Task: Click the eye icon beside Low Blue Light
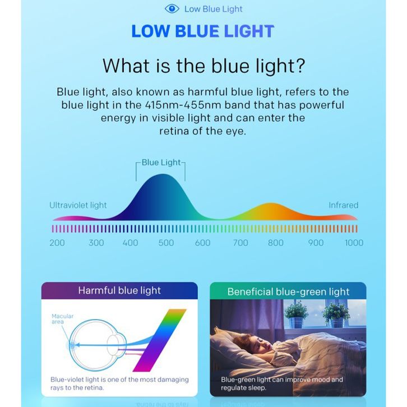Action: [172, 9]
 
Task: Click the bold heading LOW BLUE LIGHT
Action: [203, 31]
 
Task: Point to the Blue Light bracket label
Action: [161, 163]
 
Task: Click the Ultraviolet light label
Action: [78, 205]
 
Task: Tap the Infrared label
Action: [344, 205]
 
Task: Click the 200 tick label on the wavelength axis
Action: [57, 243]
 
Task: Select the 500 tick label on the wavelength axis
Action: [166, 243]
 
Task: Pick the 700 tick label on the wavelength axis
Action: [240, 243]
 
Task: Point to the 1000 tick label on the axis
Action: [354, 243]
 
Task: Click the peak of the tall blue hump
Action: [163, 174]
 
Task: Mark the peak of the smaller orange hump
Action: [270, 203]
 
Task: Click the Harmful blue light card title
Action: [119, 290]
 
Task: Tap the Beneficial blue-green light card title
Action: [288, 292]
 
